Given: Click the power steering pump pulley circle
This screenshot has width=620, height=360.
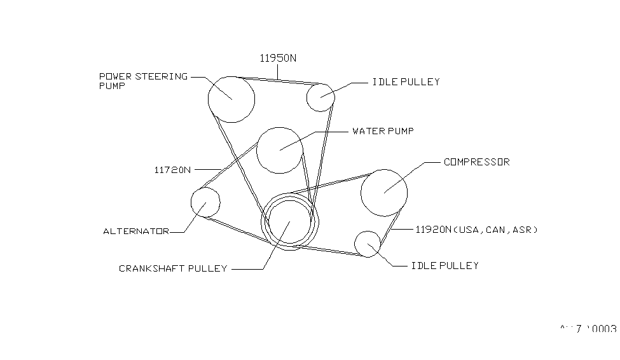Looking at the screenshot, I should pos(231,99).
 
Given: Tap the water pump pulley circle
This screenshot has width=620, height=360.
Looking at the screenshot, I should pos(280,149).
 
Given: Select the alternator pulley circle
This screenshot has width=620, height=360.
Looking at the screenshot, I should pos(205,202).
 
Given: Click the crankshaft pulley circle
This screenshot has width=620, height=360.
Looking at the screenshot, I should pos(289,223).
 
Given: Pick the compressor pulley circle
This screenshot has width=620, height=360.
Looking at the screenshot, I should pos(384,192).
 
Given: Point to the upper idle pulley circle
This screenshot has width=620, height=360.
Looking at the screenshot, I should pos(320,97).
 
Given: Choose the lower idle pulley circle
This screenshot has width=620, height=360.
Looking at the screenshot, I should pos(368,244).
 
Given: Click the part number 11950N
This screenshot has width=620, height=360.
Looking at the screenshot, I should pos(278,58).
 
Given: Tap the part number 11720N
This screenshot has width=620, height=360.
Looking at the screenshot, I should pos(172,170).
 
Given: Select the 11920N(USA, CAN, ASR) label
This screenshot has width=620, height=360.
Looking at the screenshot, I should pos(476,230).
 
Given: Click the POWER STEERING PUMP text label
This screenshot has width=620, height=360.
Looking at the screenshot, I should pos(143,81).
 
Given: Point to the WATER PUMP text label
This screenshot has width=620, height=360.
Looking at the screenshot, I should pos(383,132).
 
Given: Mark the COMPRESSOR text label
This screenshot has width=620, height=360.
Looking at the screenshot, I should pos(476,162).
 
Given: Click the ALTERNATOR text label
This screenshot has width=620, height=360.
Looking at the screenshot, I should pos(136,232).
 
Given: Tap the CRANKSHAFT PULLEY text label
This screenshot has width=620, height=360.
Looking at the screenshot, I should pos(173,268).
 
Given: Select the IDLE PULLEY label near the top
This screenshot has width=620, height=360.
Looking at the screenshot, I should pos(405,82).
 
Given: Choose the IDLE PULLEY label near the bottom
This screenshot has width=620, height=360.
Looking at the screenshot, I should pos(444,265).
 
